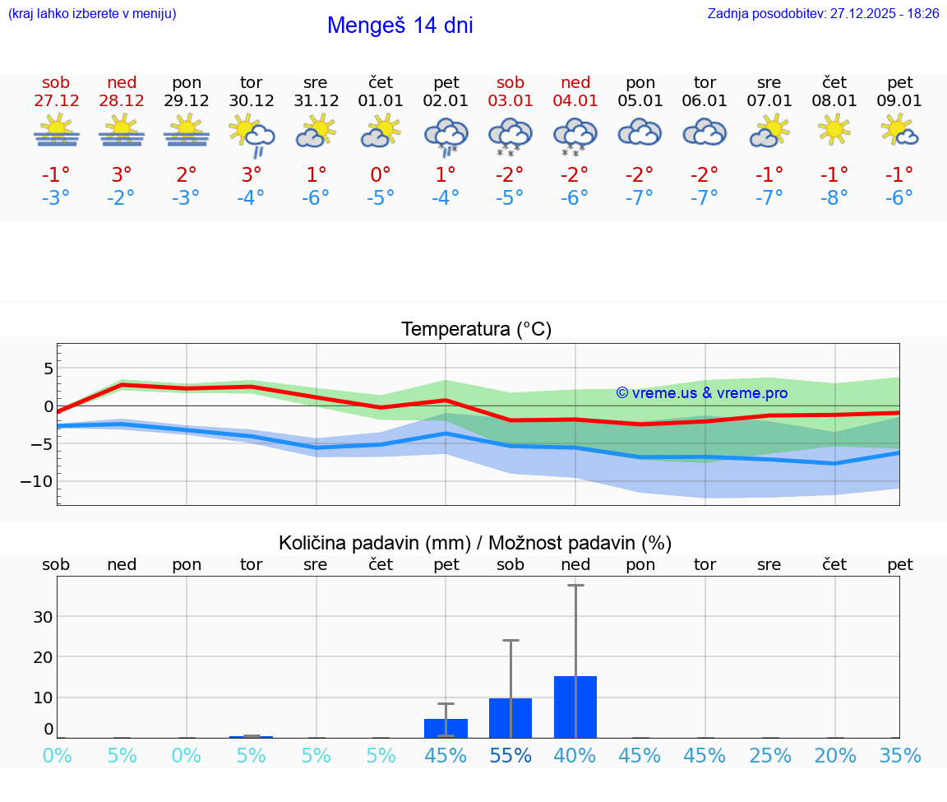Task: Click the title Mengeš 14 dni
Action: (400, 25)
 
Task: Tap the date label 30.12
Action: (251, 101)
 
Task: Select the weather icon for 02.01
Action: (446, 135)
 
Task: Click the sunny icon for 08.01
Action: (834, 129)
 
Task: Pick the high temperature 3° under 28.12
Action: (122, 174)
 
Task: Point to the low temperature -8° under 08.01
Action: (834, 198)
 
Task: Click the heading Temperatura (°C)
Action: (476, 330)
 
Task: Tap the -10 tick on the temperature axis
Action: (40, 481)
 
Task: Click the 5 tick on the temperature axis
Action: (48, 368)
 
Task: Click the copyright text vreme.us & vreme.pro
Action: (702, 393)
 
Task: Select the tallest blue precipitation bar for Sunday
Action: (575, 707)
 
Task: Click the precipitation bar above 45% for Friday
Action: (446, 728)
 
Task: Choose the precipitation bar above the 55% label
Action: (510, 717)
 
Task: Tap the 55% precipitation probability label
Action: (510, 756)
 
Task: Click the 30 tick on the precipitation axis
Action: (43, 617)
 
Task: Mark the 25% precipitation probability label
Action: (770, 756)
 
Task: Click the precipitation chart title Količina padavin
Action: (475, 543)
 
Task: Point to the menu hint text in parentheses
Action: (92, 14)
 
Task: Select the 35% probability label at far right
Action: (900, 756)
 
